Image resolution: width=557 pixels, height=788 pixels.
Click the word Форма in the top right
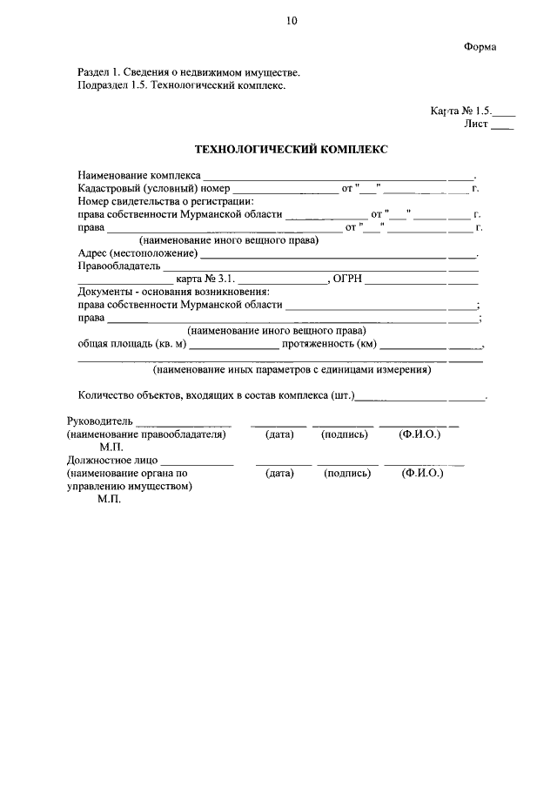(480, 47)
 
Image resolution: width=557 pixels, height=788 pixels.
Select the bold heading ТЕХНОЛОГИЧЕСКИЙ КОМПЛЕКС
(291, 150)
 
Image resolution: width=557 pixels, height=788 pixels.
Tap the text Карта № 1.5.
(461, 112)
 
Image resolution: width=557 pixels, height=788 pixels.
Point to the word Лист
(476, 125)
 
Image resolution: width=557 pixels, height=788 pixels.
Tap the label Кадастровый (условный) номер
(153, 188)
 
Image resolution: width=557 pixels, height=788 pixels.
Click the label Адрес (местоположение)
(137, 253)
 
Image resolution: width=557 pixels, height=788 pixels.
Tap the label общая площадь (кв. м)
(132, 344)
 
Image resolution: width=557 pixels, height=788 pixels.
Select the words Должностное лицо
(113, 461)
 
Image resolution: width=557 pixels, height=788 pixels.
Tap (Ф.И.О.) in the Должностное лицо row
(422, 474)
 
